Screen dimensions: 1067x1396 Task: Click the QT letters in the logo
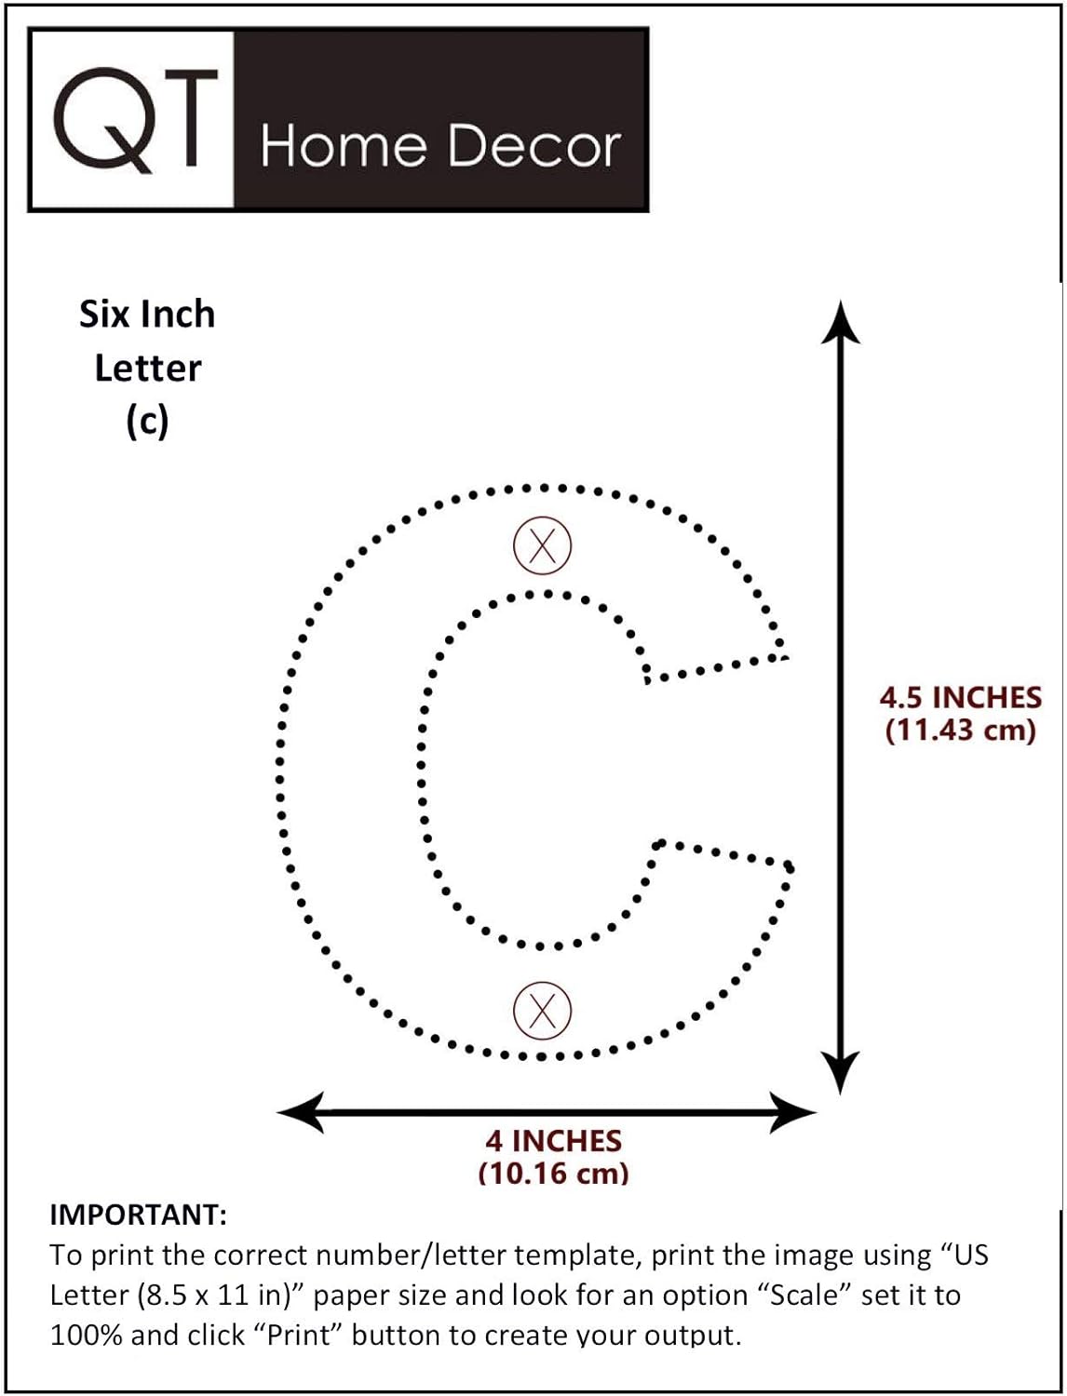(x=136, y=119)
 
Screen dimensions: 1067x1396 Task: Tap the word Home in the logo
(x=343, y=146)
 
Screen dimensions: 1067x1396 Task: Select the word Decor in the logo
(x=534, y=146)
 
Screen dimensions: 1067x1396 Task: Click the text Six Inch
(x=147, y=315)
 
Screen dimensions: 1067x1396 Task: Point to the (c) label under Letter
(x=147, y=422)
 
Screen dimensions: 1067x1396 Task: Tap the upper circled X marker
(x=542, y=544)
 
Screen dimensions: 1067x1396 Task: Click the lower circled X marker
(x=542, y=1010)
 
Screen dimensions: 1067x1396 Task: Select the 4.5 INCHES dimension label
(x=960, y=697)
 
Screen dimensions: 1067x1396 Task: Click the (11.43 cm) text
(x=960, y=730)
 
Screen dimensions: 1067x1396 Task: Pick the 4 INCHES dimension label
(x=553, y=1141)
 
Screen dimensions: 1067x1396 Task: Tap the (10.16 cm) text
(x=553, y=1173)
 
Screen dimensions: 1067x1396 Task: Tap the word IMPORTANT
(x=137, y=1215)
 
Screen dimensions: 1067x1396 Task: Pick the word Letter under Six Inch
(x=147, y=369)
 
